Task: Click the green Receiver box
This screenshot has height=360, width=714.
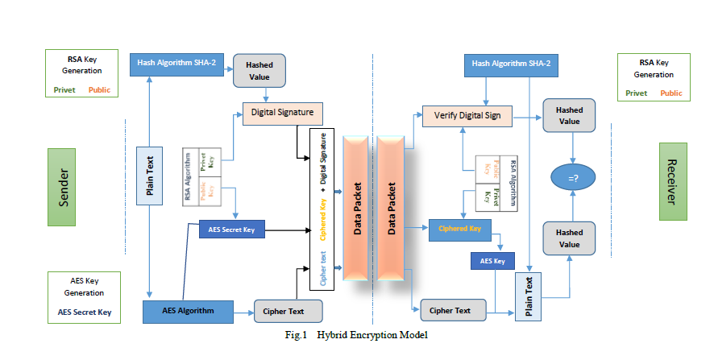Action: coord(672,181)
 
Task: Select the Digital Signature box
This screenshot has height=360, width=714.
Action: coord(282,112)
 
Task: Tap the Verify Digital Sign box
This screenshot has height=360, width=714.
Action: coord(467,116)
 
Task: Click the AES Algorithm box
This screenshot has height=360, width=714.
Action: coord(188,311)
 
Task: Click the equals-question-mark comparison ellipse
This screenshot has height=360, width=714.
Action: coord(571,177)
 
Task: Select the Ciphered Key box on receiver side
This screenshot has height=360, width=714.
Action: coord(459,229)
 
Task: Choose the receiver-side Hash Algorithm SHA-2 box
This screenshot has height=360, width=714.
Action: coord(511,63)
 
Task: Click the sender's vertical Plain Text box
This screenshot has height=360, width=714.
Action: coord(149,175)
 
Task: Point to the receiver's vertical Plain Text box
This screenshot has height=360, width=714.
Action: coord(529,296)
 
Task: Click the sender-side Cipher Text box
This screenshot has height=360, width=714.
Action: coord(288,311)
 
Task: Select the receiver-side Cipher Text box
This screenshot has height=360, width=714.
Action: coord(450,310)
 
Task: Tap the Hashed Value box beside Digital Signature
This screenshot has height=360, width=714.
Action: coord(259,70)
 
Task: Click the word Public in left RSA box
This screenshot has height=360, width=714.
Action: coord(99,90)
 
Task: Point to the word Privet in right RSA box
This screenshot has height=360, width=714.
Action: coord(637,93)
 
